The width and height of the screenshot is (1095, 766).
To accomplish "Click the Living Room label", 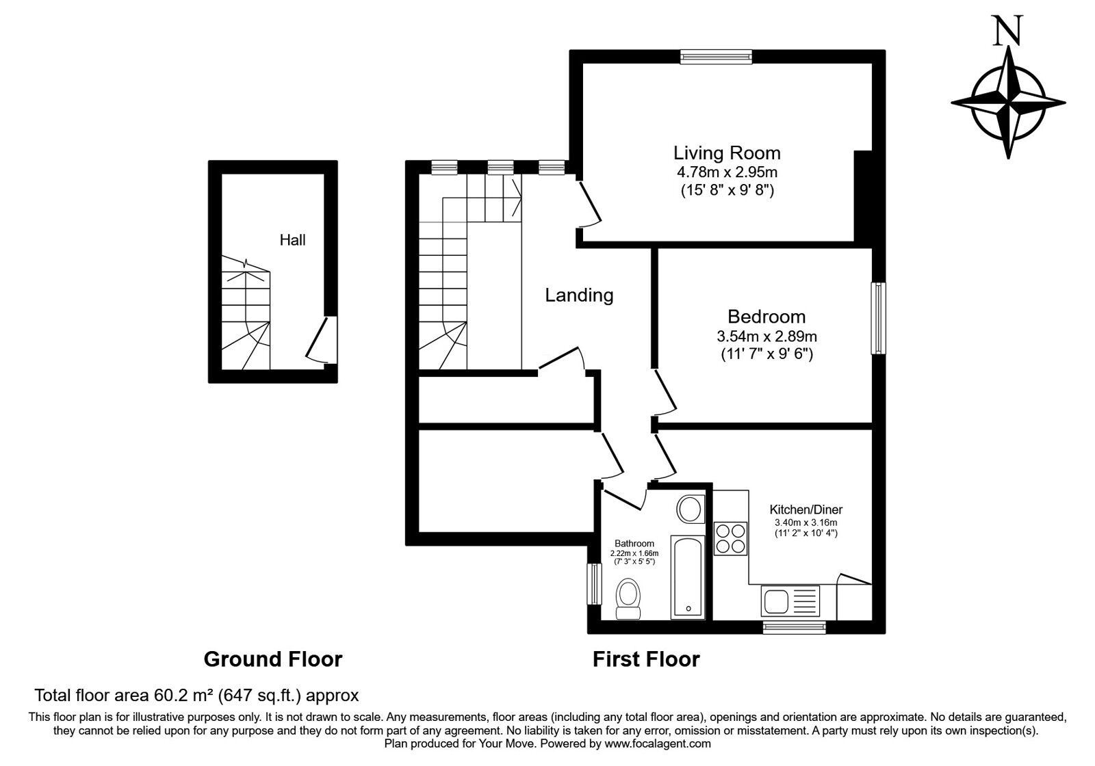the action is [x=727, y=153].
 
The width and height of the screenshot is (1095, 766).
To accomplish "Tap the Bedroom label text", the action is [x=766, y=317].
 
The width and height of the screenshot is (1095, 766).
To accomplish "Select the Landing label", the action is [x=579, y=295].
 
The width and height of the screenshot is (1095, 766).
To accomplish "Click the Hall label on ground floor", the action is [x=292, y=240].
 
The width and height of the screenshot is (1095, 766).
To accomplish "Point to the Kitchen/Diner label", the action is [x=806, y=510].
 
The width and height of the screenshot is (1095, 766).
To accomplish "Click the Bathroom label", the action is [x=634, y=543].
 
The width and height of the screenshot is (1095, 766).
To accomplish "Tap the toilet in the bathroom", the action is [x=628, y=598].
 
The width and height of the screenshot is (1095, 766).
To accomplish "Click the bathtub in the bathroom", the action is [x=688, y=577].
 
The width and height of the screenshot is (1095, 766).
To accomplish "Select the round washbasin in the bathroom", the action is [x=691, y=509].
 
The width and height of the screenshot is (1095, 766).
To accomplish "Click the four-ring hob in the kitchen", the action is [x=731, y=538].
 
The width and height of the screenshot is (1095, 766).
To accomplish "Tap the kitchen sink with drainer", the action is [x=790, y=600].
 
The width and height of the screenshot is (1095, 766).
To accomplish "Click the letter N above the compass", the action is [x=1007, y=31].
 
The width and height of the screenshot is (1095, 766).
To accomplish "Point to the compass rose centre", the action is [x=1008, y=103].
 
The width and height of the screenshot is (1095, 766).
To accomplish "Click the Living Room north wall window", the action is [x=717, y=57].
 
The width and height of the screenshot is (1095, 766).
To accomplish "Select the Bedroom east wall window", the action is [x=879, y=318].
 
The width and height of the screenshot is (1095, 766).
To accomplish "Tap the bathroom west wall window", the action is [x=594, y=584].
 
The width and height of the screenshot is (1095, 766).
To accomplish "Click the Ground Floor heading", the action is [x=273, y=659].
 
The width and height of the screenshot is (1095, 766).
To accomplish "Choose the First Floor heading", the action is [x=646, y=659].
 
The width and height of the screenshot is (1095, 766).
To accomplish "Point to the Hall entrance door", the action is [x=322, y=340].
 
